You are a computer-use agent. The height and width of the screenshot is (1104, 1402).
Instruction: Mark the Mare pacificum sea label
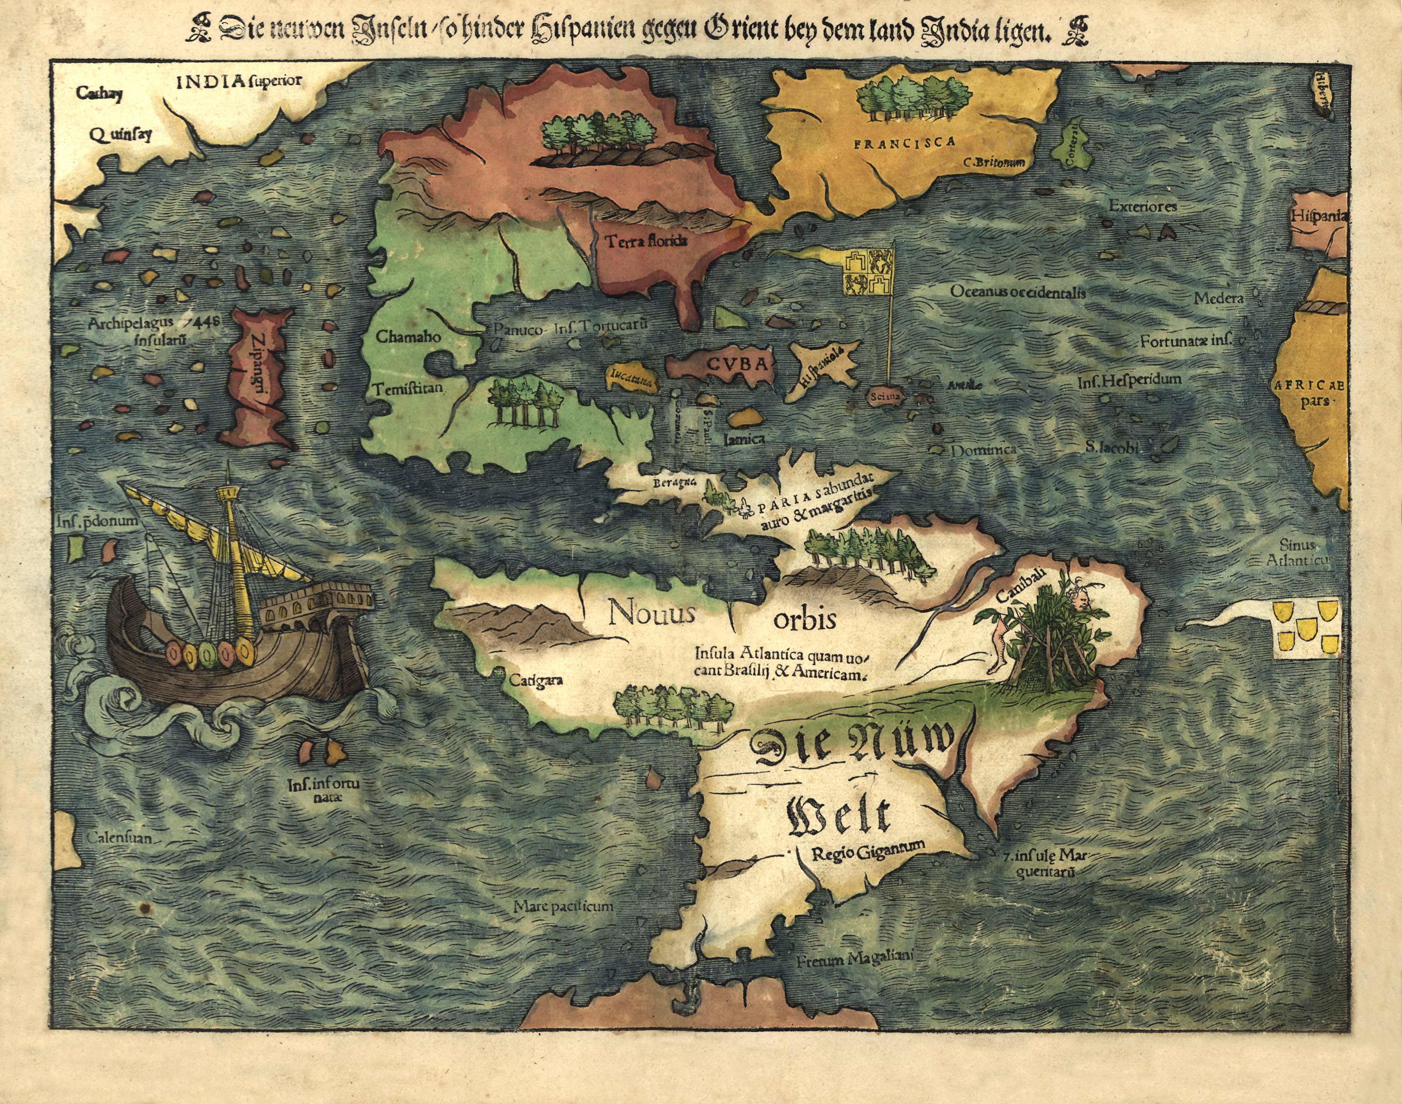(x=563, y=906)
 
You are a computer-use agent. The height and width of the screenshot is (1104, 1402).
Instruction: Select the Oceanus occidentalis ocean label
(x=1017, y=292)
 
